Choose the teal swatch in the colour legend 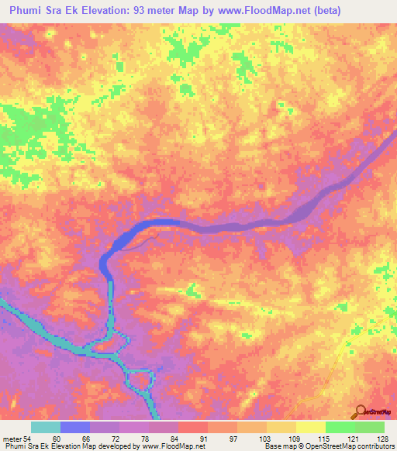(46, 427)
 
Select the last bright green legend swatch (370, 427)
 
